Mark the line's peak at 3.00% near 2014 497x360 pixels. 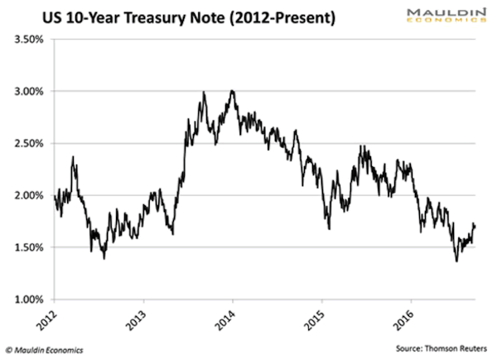(x=233, y=90)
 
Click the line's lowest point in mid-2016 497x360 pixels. (x=456, y=262)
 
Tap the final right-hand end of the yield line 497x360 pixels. (x=475, y=225)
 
